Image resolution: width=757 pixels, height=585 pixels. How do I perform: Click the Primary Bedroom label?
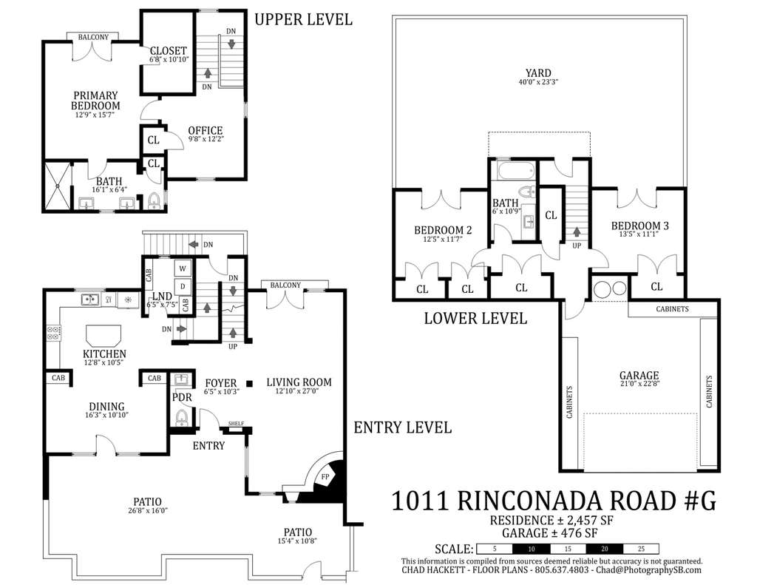95,101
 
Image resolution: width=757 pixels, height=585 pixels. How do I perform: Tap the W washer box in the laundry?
183,268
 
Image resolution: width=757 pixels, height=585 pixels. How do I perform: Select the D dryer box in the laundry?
183,286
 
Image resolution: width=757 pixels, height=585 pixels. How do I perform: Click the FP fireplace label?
325,477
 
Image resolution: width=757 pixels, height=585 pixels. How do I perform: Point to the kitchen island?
103,335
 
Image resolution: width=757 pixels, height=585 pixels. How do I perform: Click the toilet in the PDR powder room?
182,418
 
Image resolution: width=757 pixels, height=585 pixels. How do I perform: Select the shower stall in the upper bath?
58,186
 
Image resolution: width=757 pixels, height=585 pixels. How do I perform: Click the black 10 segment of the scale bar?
531,549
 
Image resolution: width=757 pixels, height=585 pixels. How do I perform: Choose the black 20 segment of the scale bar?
605,549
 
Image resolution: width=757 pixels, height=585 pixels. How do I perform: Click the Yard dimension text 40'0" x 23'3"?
538,82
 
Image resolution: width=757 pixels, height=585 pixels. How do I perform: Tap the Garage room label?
639,375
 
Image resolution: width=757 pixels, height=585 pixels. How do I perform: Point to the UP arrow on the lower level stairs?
577,232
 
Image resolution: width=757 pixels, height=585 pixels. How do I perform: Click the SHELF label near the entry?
236,424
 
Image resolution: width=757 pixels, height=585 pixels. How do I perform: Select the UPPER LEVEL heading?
303,19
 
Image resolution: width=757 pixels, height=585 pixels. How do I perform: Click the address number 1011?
420,500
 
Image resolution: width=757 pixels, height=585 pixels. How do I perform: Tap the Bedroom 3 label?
639,226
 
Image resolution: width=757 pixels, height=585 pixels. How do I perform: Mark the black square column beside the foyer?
249,384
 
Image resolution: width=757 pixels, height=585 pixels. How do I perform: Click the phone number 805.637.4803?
562,570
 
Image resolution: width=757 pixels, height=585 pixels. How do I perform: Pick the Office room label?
206,130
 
